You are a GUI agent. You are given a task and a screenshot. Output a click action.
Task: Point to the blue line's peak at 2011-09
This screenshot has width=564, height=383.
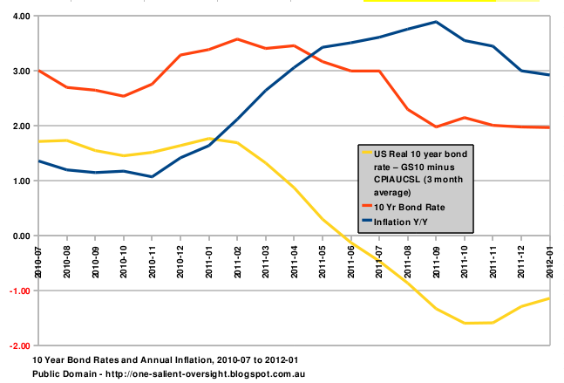[436, 22]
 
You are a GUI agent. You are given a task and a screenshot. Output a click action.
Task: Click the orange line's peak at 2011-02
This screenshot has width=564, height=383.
[237, 39]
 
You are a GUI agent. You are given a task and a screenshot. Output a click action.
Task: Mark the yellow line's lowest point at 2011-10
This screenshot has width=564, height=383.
[464, 324]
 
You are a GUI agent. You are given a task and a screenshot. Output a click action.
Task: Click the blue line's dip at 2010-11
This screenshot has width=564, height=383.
[152, 177]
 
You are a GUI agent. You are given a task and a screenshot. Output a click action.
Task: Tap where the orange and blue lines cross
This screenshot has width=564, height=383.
[309, 54]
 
